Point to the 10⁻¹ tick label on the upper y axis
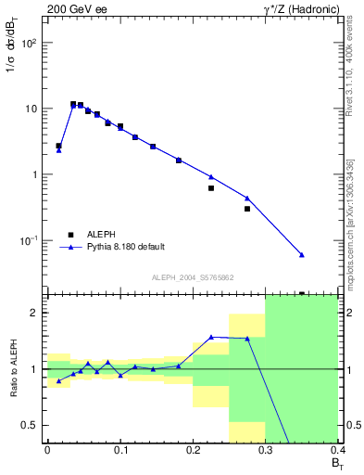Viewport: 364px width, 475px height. [x=31, y=241]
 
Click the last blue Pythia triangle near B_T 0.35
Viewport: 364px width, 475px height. [x=302, y=254]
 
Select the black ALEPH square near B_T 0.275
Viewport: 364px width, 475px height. [x=247, y=209]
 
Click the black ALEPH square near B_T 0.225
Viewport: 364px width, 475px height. [x=211, y=188]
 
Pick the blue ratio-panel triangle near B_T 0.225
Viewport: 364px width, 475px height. [x=211, y=337]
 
